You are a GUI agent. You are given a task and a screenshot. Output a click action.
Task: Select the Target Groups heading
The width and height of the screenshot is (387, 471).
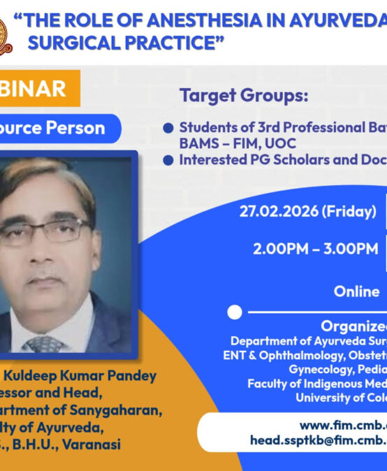[243, 96]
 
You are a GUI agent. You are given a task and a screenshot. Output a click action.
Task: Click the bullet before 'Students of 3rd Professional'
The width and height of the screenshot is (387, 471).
[168, 128]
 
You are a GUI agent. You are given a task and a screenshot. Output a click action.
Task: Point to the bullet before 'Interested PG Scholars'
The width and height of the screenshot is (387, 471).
[168, 160]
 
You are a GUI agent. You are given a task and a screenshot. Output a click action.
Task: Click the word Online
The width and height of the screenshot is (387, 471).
[356, 291]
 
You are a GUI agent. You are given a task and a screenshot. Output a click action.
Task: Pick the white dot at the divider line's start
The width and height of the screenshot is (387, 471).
[235, 312]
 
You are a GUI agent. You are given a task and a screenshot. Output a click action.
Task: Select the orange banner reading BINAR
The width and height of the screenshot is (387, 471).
[38, 88]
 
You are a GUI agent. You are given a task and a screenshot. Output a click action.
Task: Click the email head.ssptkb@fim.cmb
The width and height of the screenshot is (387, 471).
[318, 441]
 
